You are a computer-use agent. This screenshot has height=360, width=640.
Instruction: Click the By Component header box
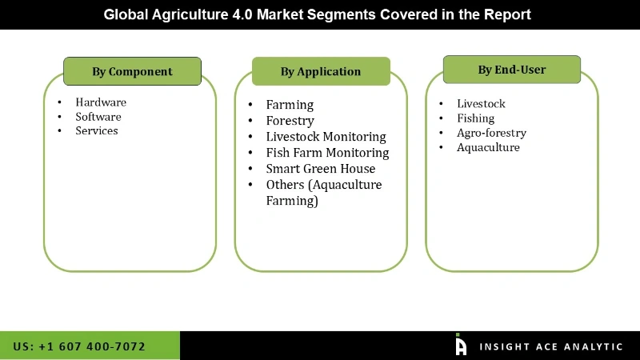[x=132, y=71]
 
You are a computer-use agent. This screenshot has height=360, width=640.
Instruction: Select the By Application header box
[x=321, y=71]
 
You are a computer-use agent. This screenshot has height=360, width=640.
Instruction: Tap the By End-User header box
[x=512, y=70]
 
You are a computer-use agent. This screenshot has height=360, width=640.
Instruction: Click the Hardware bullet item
[x=101, y=102]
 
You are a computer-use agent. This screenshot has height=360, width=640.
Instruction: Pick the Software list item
[x=98, y=117]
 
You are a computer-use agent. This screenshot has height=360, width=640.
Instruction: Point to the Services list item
[x=97, y=131]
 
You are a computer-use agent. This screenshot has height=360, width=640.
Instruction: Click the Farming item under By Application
[x=290, y=105]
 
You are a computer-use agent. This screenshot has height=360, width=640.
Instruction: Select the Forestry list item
[x=290, y=121]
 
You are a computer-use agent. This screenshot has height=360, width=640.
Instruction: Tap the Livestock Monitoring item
[x=326, y=137]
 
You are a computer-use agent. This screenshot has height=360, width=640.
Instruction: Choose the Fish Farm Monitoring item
[x=327, y=153]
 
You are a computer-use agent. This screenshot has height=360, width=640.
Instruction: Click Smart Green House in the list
[x=320, y=169]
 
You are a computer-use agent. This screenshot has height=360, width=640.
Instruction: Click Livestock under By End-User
[x=481, y=104]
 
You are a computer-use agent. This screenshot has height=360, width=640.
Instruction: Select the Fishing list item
[x=475, y=118]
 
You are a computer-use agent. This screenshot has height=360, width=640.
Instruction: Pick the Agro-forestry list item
[x=491, y=133]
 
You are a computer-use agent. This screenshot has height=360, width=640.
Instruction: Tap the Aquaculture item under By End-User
[x=488, y=147]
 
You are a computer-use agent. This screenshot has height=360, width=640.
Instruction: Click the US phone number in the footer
[x=79, y=346]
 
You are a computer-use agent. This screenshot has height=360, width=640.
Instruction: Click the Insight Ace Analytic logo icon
[x=461, y=345]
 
